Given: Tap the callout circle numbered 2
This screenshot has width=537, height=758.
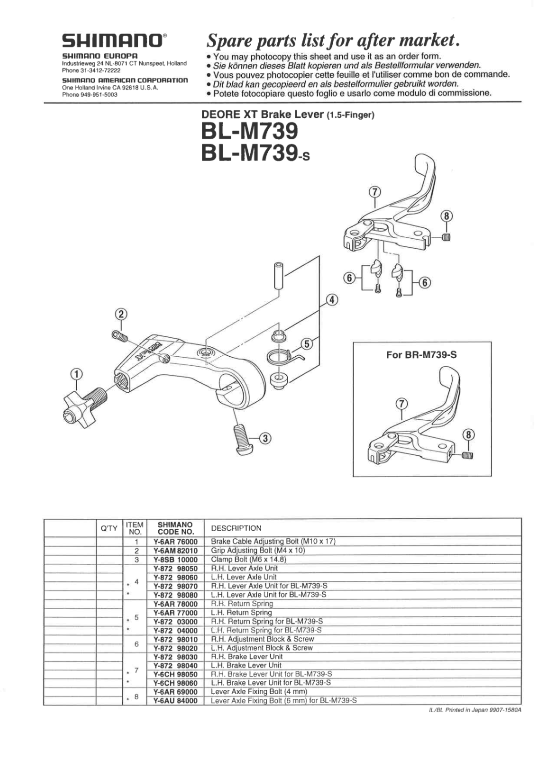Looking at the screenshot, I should [x=121, y=314].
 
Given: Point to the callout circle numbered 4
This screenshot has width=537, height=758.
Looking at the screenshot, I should [x=333, y=300].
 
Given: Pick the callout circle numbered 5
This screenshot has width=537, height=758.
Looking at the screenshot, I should [x=307, y=344].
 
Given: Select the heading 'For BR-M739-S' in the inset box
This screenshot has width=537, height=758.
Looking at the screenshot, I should [x=421, y=354].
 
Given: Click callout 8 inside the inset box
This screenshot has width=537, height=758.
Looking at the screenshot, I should [x=468, y=434].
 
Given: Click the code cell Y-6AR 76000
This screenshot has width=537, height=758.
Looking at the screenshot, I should [x=175, y=541].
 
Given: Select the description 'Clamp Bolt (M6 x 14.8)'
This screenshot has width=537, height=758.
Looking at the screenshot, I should [x=248, y=559].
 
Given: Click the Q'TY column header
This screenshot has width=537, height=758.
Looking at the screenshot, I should [x=109, y=528].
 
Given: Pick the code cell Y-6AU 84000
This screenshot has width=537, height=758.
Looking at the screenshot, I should [x=175, y=701].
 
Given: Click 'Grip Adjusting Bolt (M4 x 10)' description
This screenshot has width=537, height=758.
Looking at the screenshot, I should [x=257, y=550].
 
